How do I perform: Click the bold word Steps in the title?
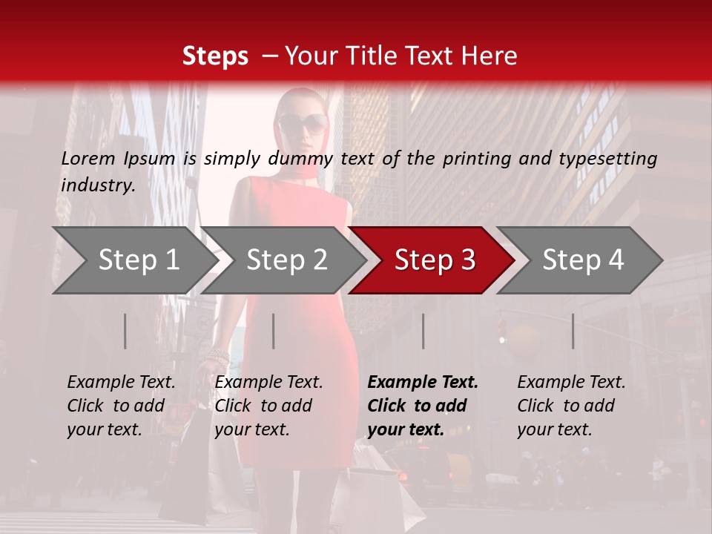(x=215, y=56)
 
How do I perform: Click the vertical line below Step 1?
(x=125, y=331)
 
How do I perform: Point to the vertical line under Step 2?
(x=274, y=331)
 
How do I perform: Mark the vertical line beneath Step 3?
(x=423, y=331)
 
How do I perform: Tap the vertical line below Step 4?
(x=573, y=331)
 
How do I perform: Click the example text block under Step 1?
(x=121, y=406)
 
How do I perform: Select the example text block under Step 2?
(x=268, y=406)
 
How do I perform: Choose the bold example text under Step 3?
(x=423, y=406)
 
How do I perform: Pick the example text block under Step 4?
(x=571, y=406)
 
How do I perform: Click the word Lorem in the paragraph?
(x=88, y=158)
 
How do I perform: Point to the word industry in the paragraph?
(x=98, y=185)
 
